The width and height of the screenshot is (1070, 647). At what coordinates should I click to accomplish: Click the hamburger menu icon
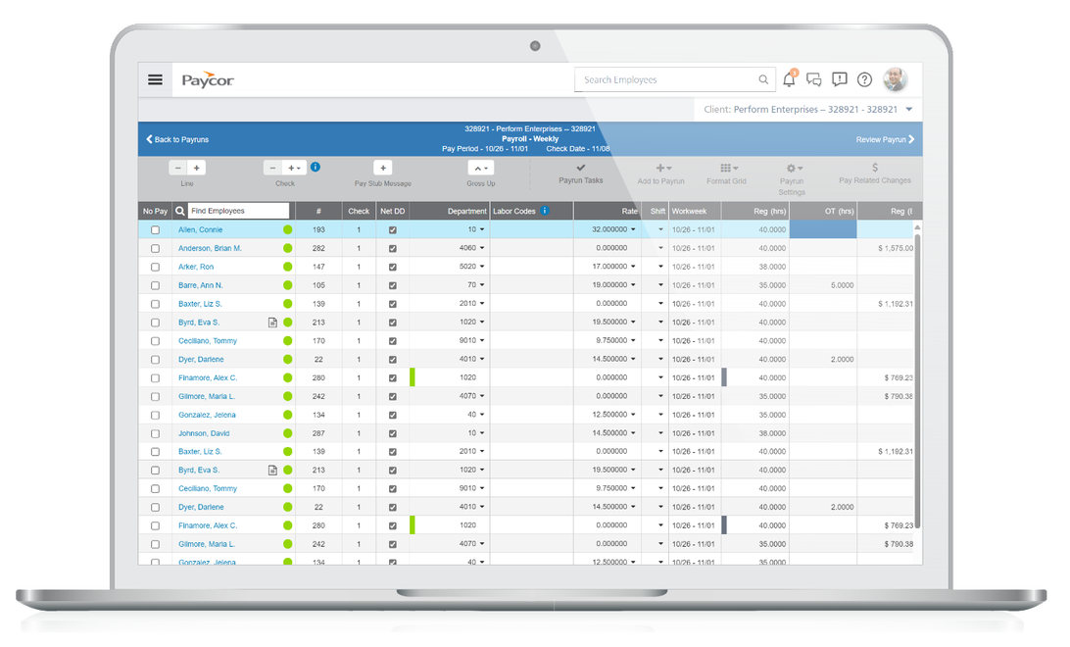[x=155, y=80]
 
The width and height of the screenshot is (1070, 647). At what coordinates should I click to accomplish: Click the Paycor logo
[x=208, y=80]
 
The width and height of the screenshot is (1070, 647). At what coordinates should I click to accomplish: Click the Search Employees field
[x=666, y=80]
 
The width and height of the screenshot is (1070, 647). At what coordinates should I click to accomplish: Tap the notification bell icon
[x=789, y=79]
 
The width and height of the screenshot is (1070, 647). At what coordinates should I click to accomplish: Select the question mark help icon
[x=864, y=80]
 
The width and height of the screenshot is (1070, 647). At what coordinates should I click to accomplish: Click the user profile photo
[x=895, y=79]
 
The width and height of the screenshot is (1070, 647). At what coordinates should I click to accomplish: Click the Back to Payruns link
[x=177, y=139]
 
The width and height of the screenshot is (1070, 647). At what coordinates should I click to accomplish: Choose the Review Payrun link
[x=885, y=139]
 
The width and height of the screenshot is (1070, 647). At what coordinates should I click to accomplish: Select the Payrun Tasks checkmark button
[x=581, y=169]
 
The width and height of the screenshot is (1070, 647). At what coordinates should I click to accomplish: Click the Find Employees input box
[x=239, y=211]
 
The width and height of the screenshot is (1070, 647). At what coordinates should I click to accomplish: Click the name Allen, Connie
[x=200, y=229]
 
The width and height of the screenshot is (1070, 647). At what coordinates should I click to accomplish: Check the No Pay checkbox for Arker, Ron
[x=155, y=267]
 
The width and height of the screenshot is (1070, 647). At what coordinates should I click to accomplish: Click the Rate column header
[x=629, y=211]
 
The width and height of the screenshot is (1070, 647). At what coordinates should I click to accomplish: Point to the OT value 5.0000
[x=842, y=285]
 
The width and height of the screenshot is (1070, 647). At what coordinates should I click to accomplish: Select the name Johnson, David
[x=204, y=433]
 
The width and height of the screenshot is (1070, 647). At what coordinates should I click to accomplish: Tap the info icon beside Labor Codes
[x=545, y=211]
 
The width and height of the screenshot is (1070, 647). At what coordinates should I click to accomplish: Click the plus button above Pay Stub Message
[x=383, y=168]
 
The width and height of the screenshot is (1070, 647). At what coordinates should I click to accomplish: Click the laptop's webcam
[x=535, y=46]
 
